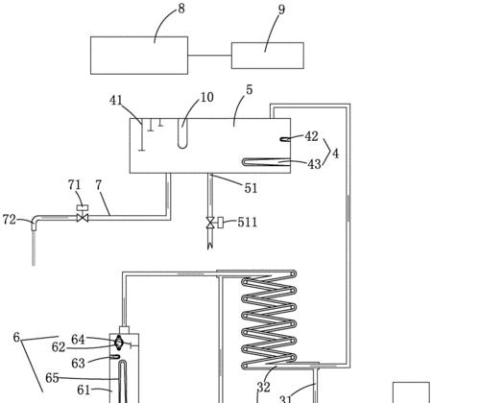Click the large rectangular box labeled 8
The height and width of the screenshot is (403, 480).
[x=139, y=56]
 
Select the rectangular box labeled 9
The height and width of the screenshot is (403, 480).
[x=268, y=56]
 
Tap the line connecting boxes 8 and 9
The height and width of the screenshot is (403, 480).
[x=209, y=55]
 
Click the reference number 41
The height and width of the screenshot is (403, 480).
[x=116, y=101]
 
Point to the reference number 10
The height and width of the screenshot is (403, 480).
[x=207, y=97]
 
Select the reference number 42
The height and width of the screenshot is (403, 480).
[x=311, y=136]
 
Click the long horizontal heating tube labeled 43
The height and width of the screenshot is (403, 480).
[x=266, y=162]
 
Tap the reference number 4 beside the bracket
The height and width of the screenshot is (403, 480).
[x=335, y=154]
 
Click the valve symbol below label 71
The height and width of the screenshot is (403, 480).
[x=83, y=218]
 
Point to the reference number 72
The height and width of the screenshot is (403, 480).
[x=9, y=220]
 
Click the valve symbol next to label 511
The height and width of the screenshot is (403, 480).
[x=210, y=223]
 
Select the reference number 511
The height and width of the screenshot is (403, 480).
[x=248, y=222]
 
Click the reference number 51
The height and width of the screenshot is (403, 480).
[x=251, y=188]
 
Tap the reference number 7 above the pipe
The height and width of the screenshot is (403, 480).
[x=98, y=185]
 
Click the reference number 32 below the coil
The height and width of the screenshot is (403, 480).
[x=264, y=388]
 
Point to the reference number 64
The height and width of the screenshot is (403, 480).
[x=78, y=340]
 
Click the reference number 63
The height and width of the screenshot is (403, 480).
[x=78, y=364]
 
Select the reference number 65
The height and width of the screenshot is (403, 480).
[x=52, y=378]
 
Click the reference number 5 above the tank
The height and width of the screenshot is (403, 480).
[x=250, y=90]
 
